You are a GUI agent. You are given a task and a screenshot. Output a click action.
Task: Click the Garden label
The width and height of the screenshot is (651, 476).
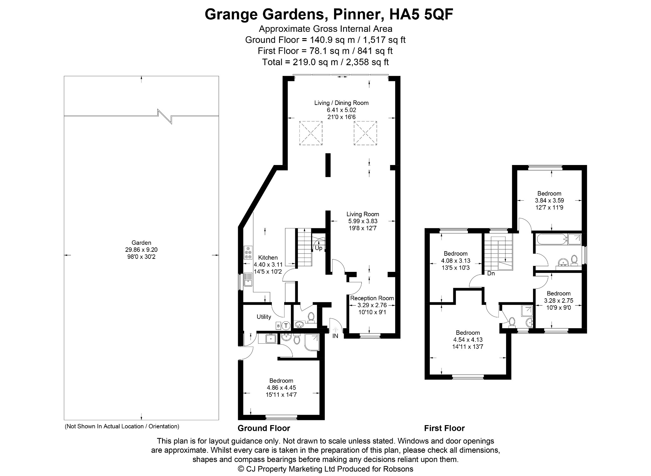[x=141, y=243]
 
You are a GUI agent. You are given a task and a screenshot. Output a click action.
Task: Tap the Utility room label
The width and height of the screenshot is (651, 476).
[x=264, y=317]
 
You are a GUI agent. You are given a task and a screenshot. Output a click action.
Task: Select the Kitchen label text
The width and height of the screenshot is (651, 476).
[x=268, y=258]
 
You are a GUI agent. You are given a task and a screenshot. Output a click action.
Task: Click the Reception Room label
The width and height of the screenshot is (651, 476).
[x=372, y=298]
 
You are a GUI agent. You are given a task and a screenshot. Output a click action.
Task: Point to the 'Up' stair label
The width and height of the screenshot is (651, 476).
[x=319, y=248]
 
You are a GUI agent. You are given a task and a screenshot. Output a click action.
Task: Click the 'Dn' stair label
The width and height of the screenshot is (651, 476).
[x=491, y=273]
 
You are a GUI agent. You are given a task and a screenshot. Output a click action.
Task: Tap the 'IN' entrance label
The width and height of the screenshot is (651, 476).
[x=335, y=336]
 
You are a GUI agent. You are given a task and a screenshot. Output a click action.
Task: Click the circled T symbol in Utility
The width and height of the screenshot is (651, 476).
[x=286, y=326]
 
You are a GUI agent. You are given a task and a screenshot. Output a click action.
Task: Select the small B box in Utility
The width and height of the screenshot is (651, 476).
[x=278, y=326]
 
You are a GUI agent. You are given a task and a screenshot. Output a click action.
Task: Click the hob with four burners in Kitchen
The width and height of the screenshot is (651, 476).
[x=248, y=252]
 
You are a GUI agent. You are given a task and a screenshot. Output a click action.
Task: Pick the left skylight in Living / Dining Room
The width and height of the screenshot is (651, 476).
[x=311, y=133]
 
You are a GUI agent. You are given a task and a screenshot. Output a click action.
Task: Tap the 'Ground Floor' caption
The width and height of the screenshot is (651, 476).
[x=264, y=428]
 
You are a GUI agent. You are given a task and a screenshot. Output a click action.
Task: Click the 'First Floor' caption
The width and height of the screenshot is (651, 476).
[x=444, y=428]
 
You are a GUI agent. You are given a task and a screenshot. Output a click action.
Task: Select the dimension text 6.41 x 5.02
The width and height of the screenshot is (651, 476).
[x=341, y=110]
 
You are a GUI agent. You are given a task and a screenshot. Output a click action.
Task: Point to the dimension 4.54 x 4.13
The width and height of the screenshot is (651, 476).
[x=468, y=340]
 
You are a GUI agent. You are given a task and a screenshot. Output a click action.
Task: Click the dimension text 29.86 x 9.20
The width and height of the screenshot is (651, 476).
[x=141, y=250]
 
